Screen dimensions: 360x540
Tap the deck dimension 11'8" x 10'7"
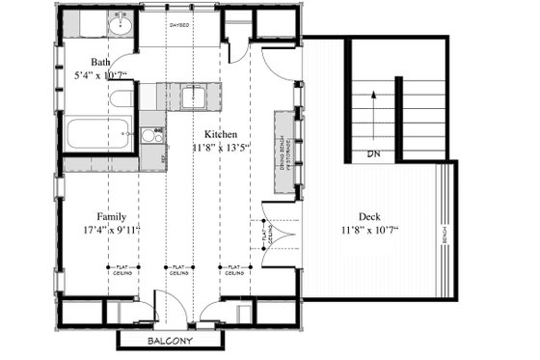[x=370, y=231]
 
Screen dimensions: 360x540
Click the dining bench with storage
[x=286, y=152]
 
